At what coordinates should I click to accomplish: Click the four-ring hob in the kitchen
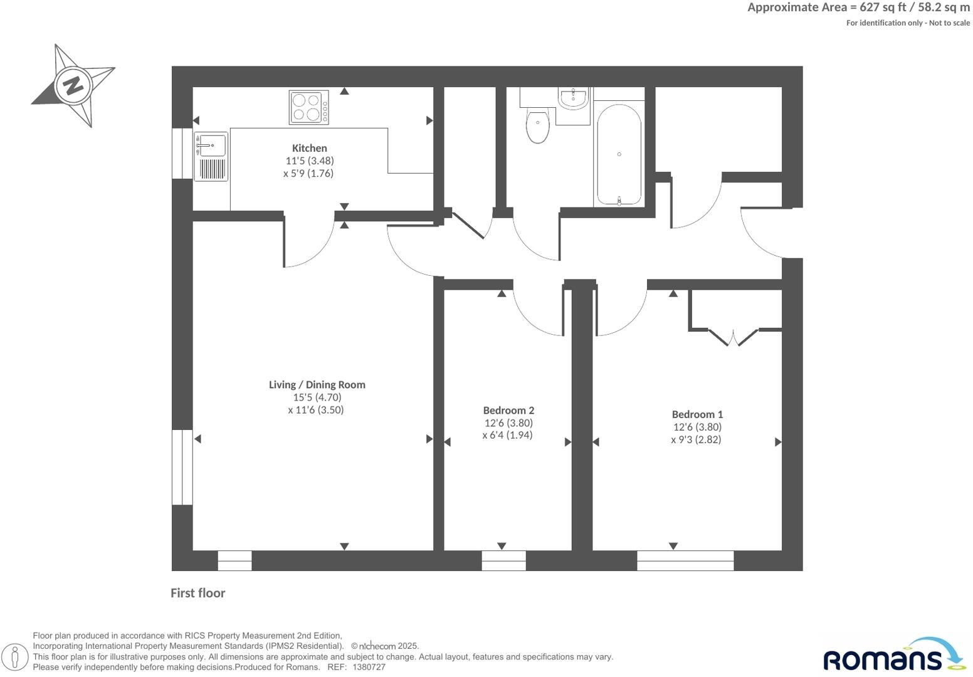pos(308,108)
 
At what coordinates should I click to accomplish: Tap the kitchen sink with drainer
pos(211,156)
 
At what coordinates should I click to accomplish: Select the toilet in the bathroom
pos(537,125)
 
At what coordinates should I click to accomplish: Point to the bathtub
pos(619,154)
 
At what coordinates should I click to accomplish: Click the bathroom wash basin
pos(573,98)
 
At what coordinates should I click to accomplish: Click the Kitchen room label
pos(309,149)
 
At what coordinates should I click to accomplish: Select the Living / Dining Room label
pos(317,385)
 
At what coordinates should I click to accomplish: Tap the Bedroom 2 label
pos(508,411)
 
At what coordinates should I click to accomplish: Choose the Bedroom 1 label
pos(697,414)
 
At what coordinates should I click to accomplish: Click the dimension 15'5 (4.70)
pos(317,397)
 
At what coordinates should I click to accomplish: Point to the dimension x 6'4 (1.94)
pos(507,435)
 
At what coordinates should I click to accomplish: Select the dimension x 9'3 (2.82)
pos(696,439)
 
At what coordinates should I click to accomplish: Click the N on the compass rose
pos(74,85)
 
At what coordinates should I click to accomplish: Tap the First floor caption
pos(197,593)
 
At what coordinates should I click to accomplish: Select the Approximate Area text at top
pos(858,8)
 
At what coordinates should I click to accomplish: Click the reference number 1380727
pos(369,668)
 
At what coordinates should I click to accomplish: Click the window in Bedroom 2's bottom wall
pos(503,560)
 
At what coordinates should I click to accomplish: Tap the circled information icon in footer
pos(16,657)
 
